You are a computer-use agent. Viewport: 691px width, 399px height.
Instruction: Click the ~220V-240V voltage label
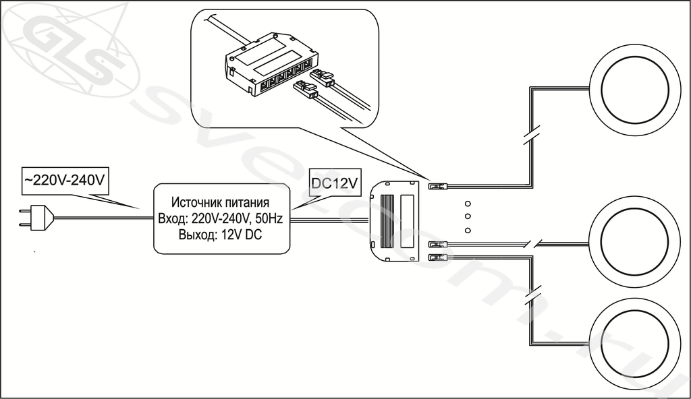click(65, 181)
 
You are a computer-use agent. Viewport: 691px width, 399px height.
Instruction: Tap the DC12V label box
click(335, 183)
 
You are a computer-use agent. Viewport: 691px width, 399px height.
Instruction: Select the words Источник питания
click(221, 202)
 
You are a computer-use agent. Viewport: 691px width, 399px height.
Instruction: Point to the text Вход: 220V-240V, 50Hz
click(221, 218)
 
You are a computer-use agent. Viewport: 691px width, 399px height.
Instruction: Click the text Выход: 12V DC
click(221, 235)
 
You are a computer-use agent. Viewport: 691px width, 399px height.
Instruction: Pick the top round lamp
click(634, 90)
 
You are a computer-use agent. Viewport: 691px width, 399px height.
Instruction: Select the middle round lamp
click(634, 243)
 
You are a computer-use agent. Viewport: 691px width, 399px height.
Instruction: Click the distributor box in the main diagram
click(394, 220)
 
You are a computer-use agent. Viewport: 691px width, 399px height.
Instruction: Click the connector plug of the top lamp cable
click(438, 186)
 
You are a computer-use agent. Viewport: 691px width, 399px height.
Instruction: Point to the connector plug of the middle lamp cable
click(438, 244)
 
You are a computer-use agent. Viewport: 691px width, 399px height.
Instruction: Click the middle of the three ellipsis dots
click(468, 216)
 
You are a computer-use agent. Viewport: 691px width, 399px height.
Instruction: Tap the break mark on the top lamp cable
click(532, 135)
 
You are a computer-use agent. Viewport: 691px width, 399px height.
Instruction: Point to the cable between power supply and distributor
click(329, 220)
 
